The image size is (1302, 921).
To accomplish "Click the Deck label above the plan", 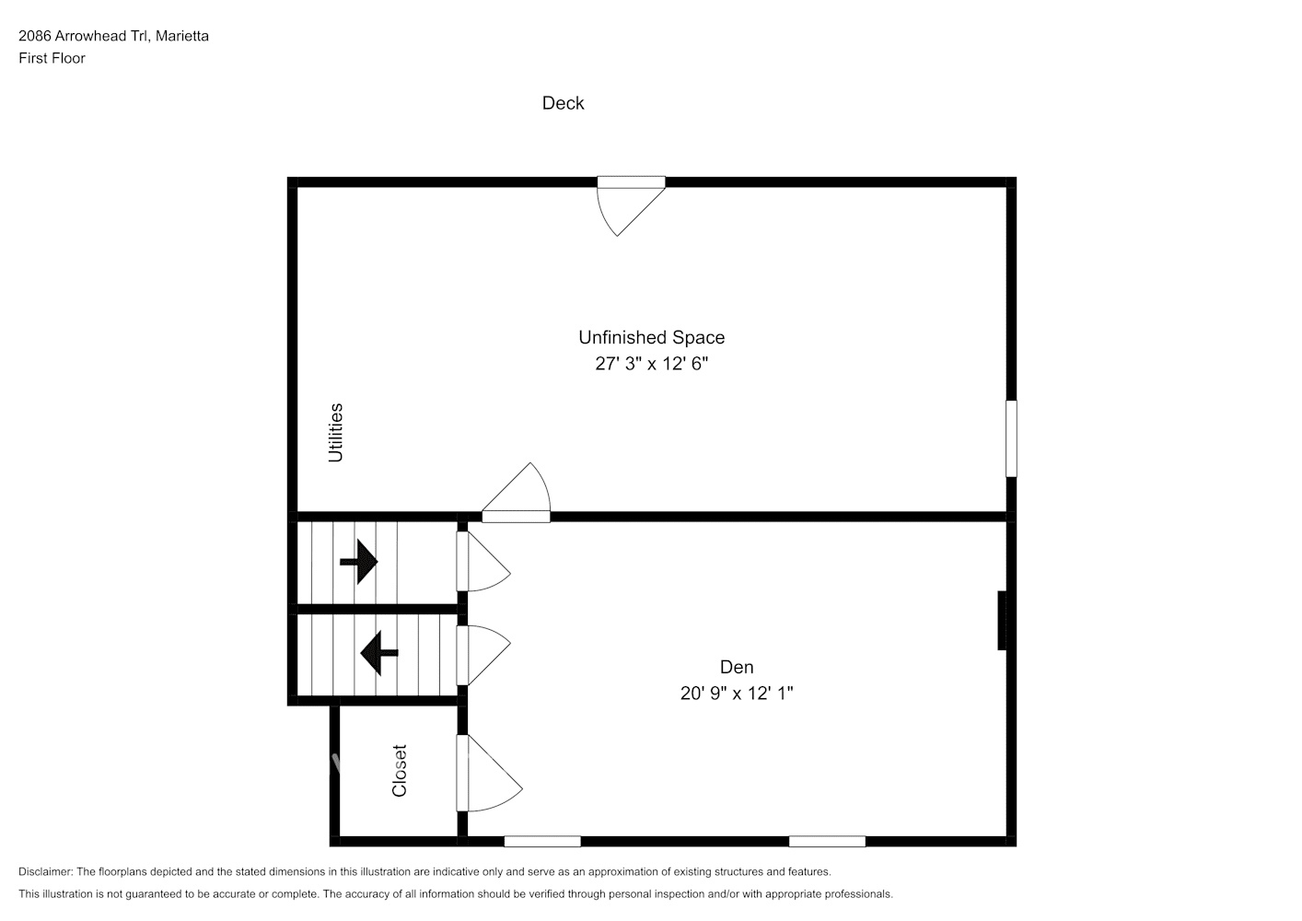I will point(563,103).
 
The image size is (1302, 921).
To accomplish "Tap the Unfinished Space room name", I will point(651,337).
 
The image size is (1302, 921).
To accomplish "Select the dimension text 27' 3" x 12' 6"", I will point(651,364).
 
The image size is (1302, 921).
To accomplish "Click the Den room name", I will point(736,667).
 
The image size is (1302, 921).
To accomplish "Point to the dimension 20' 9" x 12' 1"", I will point(736,694).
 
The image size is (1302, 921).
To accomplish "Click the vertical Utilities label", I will point(336,433).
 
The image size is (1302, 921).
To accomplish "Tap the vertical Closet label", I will point(399,771).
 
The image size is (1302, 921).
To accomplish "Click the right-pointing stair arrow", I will point(359,561).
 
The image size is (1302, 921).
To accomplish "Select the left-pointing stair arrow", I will point(378,653).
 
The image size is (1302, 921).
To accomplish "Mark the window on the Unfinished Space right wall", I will point(1010,438).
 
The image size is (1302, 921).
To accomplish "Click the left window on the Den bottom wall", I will point(542,841).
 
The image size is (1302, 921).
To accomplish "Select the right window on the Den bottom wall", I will point(827,841).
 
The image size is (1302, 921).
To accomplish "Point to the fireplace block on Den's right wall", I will point(1002,621).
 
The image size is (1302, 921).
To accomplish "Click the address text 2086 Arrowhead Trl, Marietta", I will point(113,36).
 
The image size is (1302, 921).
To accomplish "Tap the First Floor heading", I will point(52,58).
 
